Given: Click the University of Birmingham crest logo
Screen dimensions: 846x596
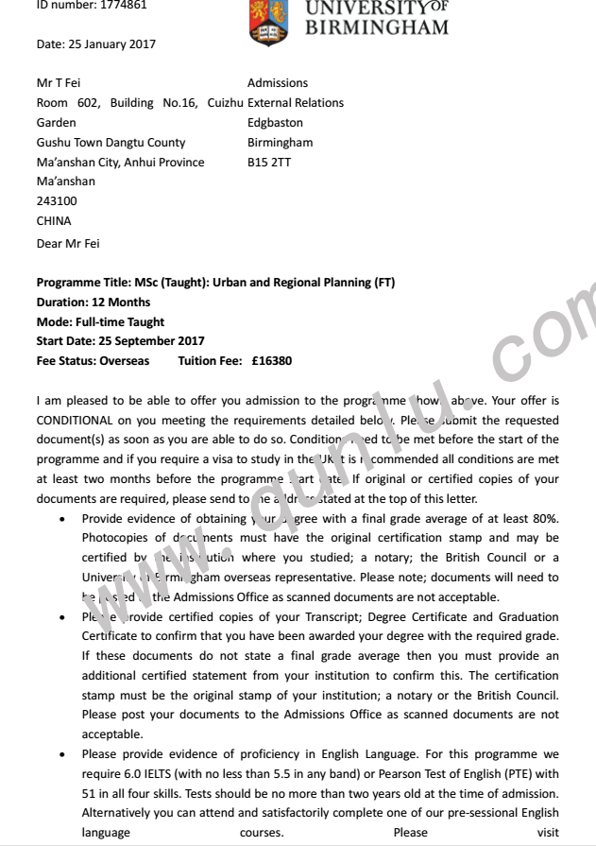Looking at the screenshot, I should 267,21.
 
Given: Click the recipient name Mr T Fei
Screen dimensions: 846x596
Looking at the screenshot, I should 59,83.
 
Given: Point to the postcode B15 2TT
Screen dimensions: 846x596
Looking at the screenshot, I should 269,162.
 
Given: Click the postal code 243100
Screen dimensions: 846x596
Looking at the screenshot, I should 57,201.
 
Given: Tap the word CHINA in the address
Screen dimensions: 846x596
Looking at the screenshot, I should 54,221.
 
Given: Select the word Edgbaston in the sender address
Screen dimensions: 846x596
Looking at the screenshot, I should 275,123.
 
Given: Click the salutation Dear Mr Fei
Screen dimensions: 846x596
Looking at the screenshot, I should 68,244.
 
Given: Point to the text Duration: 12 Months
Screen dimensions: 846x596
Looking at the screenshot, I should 94,302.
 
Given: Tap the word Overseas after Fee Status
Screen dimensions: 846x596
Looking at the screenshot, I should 122,360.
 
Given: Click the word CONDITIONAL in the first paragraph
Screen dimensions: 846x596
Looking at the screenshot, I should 75,420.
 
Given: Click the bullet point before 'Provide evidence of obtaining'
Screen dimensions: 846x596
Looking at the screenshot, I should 62,518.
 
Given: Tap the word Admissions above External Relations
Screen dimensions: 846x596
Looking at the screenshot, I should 278,83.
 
